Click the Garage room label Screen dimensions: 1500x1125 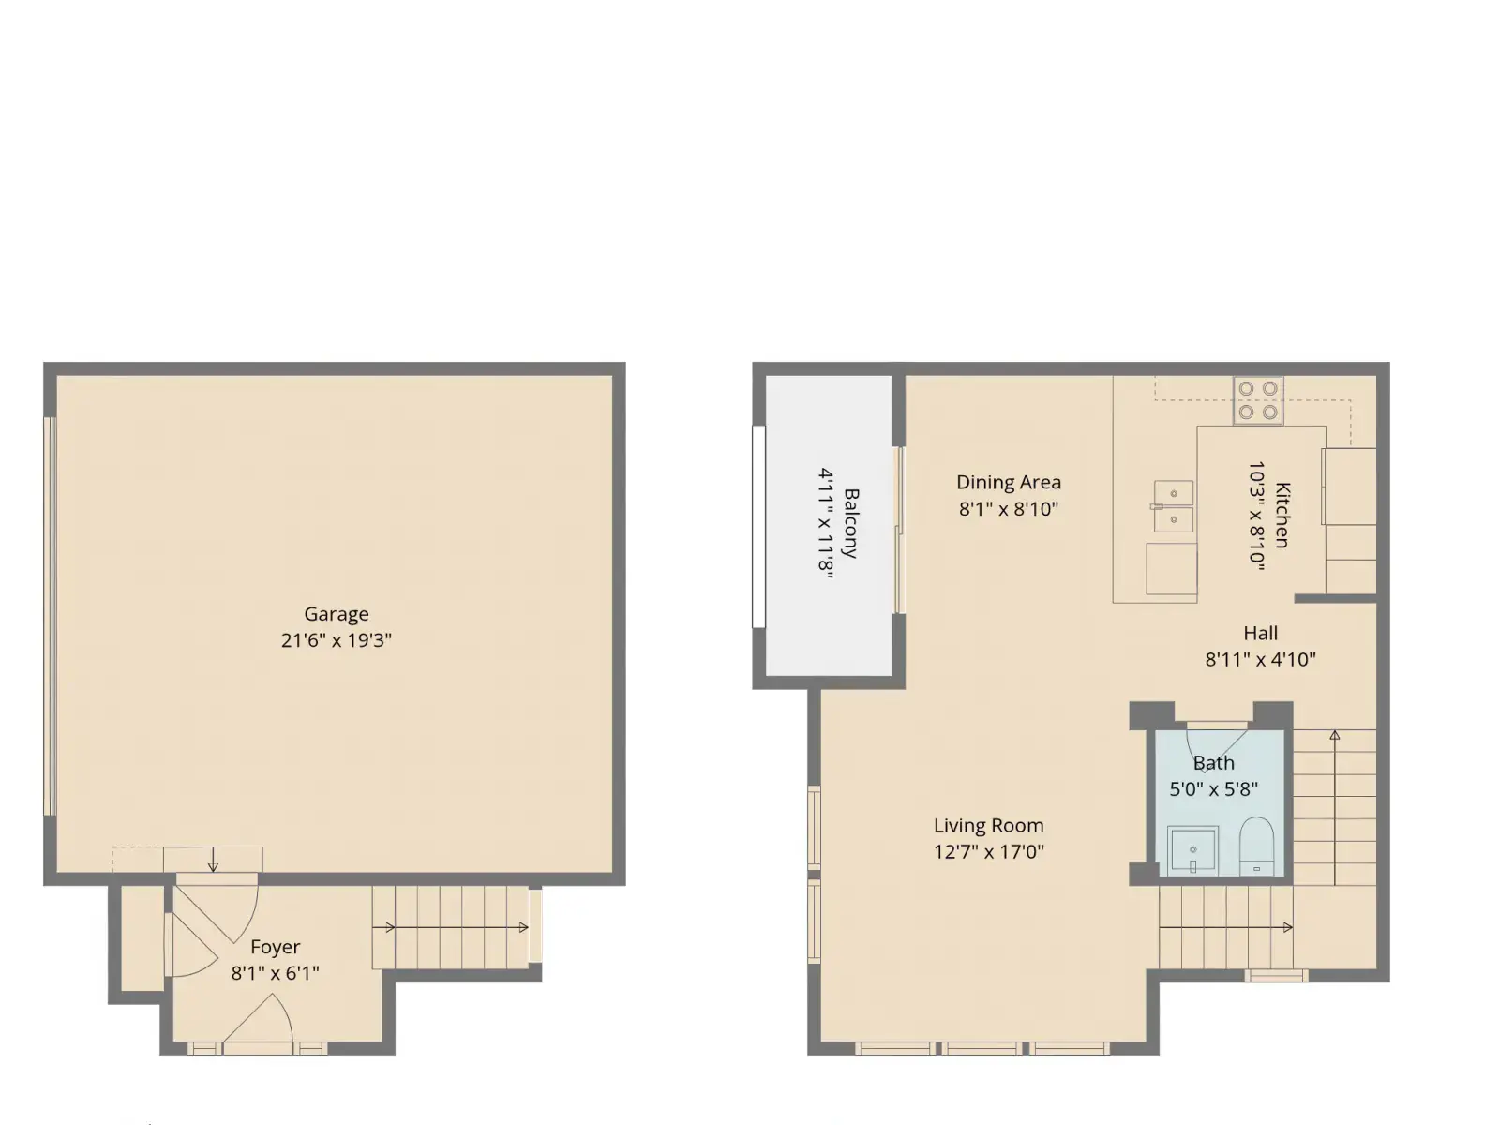pos(337,615)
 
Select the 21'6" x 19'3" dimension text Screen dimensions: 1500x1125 pos(337,640)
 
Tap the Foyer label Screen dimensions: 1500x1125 pos(275,947)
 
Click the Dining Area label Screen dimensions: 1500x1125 pos(1009,482)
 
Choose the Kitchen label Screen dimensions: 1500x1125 pos(1282,515)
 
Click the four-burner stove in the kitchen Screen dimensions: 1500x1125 pos(1258,400)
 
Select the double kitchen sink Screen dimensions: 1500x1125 pos(1174,506)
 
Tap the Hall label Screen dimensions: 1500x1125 pos(1261,633)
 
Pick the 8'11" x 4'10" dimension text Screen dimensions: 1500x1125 pos(1261,660)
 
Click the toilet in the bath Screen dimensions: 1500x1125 pos(1257,846)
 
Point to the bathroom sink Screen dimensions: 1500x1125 pos(1192,850)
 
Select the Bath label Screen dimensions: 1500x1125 pos(1214,763)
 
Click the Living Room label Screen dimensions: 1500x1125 pos(989,826)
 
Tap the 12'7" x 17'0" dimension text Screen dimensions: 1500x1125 pos(989,852)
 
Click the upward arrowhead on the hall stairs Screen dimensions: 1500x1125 pos(1335,736)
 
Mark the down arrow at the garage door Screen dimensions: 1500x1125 pos(213,860)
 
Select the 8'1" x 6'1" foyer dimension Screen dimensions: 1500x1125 pos(275,973)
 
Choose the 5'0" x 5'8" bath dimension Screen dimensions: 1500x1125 pos(1214,789)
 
